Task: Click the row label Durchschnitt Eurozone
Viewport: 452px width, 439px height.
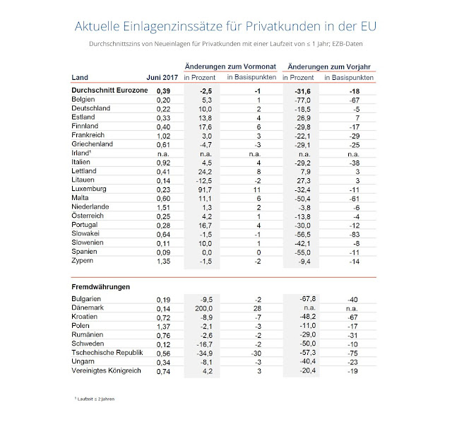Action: pyautogui.click(x=110, y=91)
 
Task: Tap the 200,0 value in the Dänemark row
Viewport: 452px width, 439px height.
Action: pyautogui.click(x=203, y=308)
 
